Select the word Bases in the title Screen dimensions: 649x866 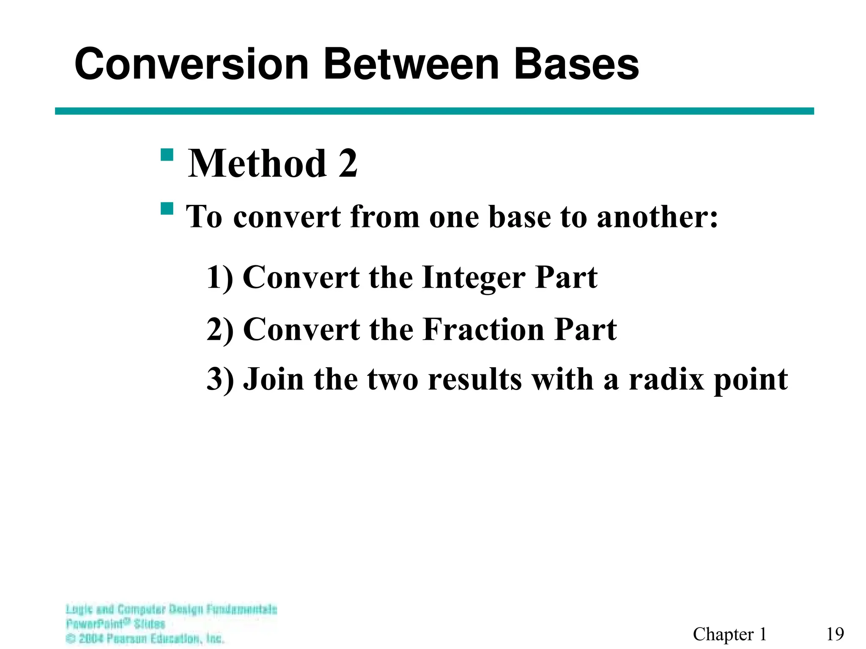point(576,64)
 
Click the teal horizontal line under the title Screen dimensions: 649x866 point(434,111)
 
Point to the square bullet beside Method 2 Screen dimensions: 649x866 point(167,155)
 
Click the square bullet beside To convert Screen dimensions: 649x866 point(167,209)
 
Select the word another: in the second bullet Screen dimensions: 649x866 point(657,217)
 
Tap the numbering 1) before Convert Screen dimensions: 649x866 point(219,278)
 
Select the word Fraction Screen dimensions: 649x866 point(484,330)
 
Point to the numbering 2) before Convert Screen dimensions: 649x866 point(220,330)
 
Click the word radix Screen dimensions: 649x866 point(666,379)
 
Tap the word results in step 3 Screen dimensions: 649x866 point(475,379)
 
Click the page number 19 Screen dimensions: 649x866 point(835,634)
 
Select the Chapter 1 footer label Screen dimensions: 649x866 point(729,634)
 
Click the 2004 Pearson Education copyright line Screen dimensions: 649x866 point(145,638)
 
